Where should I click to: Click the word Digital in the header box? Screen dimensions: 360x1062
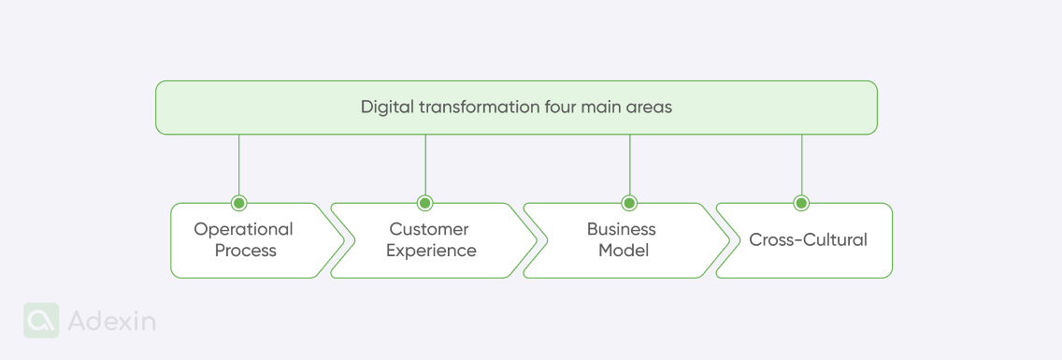383,108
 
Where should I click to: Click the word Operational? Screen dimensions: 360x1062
243,229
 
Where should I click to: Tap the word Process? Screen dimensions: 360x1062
245,251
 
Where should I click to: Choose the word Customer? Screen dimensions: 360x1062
429,229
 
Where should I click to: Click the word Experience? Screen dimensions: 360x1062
431,251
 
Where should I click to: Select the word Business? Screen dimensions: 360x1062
622,229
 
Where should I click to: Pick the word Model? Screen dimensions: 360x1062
624,251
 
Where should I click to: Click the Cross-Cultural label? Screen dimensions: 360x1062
808,240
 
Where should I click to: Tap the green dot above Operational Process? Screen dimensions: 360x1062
238,203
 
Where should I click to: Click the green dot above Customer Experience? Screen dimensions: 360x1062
424,203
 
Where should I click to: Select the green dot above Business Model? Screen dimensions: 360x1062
629,203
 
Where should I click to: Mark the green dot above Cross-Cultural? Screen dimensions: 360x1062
801,203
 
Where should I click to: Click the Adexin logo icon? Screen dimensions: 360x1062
41,321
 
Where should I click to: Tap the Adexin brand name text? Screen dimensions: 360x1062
111,322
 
